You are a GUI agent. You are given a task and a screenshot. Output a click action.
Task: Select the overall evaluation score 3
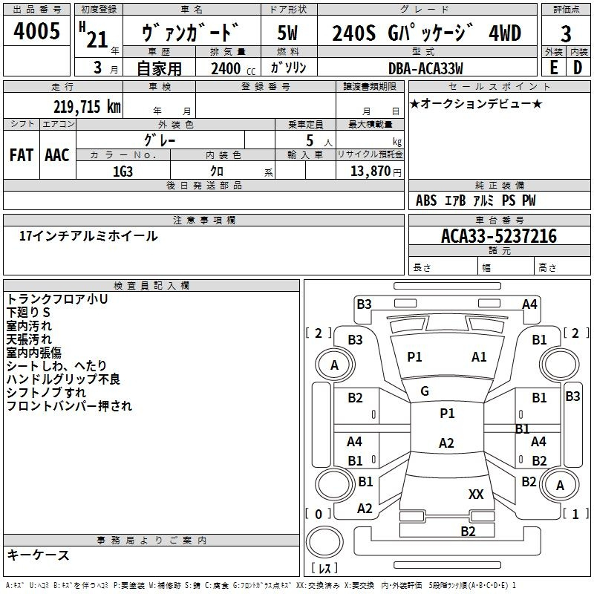(x=566, y=34)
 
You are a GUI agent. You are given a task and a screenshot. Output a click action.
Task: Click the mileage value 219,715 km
(x=87, y=106)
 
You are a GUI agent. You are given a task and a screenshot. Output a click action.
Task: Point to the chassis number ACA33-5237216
(x=498, y=236)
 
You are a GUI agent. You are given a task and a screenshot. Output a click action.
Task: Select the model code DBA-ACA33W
(x=426, y=68)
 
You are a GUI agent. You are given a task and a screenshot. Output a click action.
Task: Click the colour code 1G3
(x=123, y=171)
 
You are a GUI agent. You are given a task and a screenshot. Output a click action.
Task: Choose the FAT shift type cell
(x=22, y=155)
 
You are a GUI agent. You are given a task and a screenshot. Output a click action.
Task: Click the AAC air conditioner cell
(x=57, y=155)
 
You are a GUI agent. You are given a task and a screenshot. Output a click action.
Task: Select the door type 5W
(x=289, y=33)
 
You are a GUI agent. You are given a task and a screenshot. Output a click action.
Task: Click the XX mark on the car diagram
(x=476, y=494)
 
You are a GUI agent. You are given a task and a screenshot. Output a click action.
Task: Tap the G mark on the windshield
(x=425, y=391)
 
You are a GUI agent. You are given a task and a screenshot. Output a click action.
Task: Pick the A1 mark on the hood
(x=479, y=357)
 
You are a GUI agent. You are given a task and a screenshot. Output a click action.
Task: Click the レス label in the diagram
(x=324, y=569)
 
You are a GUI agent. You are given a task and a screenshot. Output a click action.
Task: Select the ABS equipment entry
(x=425, y=200)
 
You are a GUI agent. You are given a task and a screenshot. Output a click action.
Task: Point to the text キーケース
(x=39, y=555)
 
